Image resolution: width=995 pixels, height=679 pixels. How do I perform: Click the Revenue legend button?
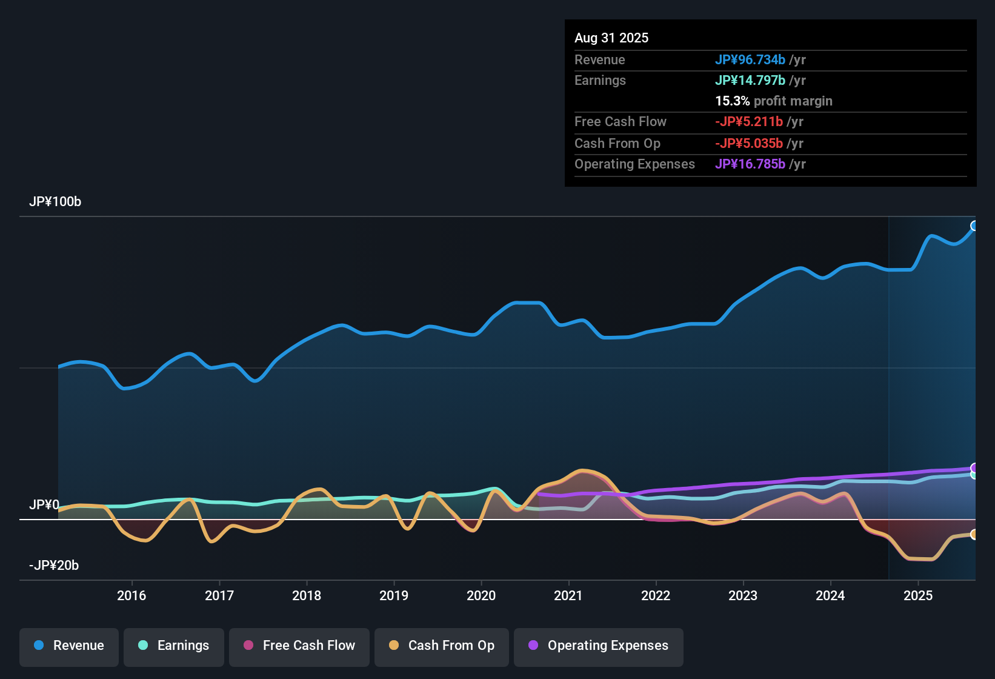click(69, 646)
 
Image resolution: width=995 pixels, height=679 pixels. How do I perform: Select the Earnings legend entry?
click(174, 646)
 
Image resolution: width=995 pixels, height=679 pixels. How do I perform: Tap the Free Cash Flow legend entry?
click(299, 646)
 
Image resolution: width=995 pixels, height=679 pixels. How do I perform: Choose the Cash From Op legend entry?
click(442, 646)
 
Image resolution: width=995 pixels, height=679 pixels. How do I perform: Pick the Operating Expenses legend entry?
click(599, 646)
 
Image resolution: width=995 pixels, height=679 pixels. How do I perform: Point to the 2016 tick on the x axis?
click(131, 595)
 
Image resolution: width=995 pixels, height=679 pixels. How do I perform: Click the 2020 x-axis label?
click(481, 595)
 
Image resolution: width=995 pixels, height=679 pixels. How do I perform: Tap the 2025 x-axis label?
click(918, 595)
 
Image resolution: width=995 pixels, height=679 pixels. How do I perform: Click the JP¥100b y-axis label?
click(55, 202)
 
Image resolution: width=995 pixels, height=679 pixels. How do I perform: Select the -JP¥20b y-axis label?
click(54, 566)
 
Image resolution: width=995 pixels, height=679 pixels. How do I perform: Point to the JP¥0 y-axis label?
click(44, 505)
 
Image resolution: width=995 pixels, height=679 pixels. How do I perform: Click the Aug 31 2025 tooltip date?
click(611, 38)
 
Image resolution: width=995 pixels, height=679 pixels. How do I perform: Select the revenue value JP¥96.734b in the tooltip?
click(750, 60)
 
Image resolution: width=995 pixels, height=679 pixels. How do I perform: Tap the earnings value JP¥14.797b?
click(750, 81)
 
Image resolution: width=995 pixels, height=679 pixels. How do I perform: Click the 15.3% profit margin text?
click(773, 101)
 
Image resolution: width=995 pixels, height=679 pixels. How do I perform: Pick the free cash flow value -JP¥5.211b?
click(749, 122)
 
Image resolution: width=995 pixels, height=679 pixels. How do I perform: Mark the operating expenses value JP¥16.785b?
click(750, 164)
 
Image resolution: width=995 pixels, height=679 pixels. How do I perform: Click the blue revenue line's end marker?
click(974, 226)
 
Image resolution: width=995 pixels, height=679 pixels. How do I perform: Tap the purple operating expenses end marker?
click(974, 468)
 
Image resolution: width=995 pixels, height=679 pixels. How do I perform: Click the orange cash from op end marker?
click(974, 534)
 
